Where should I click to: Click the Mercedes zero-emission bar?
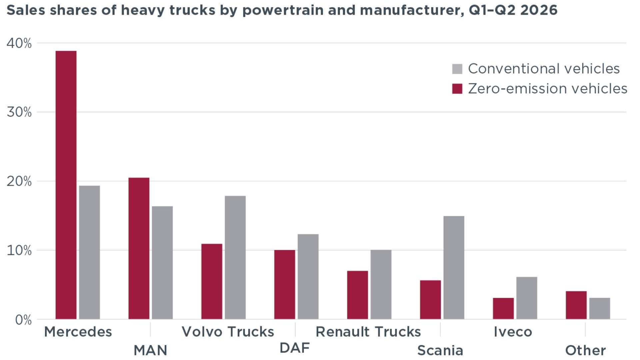coord(66,185)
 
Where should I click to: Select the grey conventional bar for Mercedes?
coord(89,252)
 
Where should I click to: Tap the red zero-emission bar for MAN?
coord(139,248)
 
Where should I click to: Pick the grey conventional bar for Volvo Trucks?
coord(235,257)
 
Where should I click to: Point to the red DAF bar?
coord(285,285)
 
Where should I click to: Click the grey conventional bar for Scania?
coord(454,268)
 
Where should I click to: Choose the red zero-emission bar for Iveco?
coord(503,308)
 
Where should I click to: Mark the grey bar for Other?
coord(600,308)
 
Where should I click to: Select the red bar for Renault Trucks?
coord(358,295)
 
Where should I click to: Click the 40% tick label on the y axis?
coord(19,43)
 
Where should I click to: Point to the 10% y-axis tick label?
coord(19,251)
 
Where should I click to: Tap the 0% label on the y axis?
coord(23,320)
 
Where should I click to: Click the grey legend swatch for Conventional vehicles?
coord(457,69)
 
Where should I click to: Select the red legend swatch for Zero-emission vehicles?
coord(457,89)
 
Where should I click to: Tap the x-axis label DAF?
coord(295,348)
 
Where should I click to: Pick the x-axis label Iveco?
coord(513,332)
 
